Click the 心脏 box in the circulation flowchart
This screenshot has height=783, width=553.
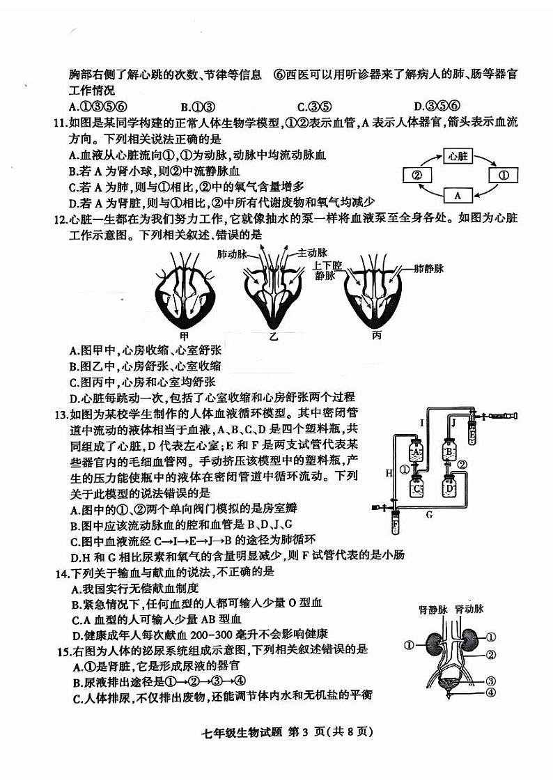click(x=457, y=156)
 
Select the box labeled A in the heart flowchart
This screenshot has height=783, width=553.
click(x=457, y=195)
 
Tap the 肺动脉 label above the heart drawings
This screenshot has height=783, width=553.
click(x=233, y=255)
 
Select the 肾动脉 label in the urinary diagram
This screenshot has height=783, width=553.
click(x=469, y=609)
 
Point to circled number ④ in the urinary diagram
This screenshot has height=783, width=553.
click(x=491, y=692)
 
